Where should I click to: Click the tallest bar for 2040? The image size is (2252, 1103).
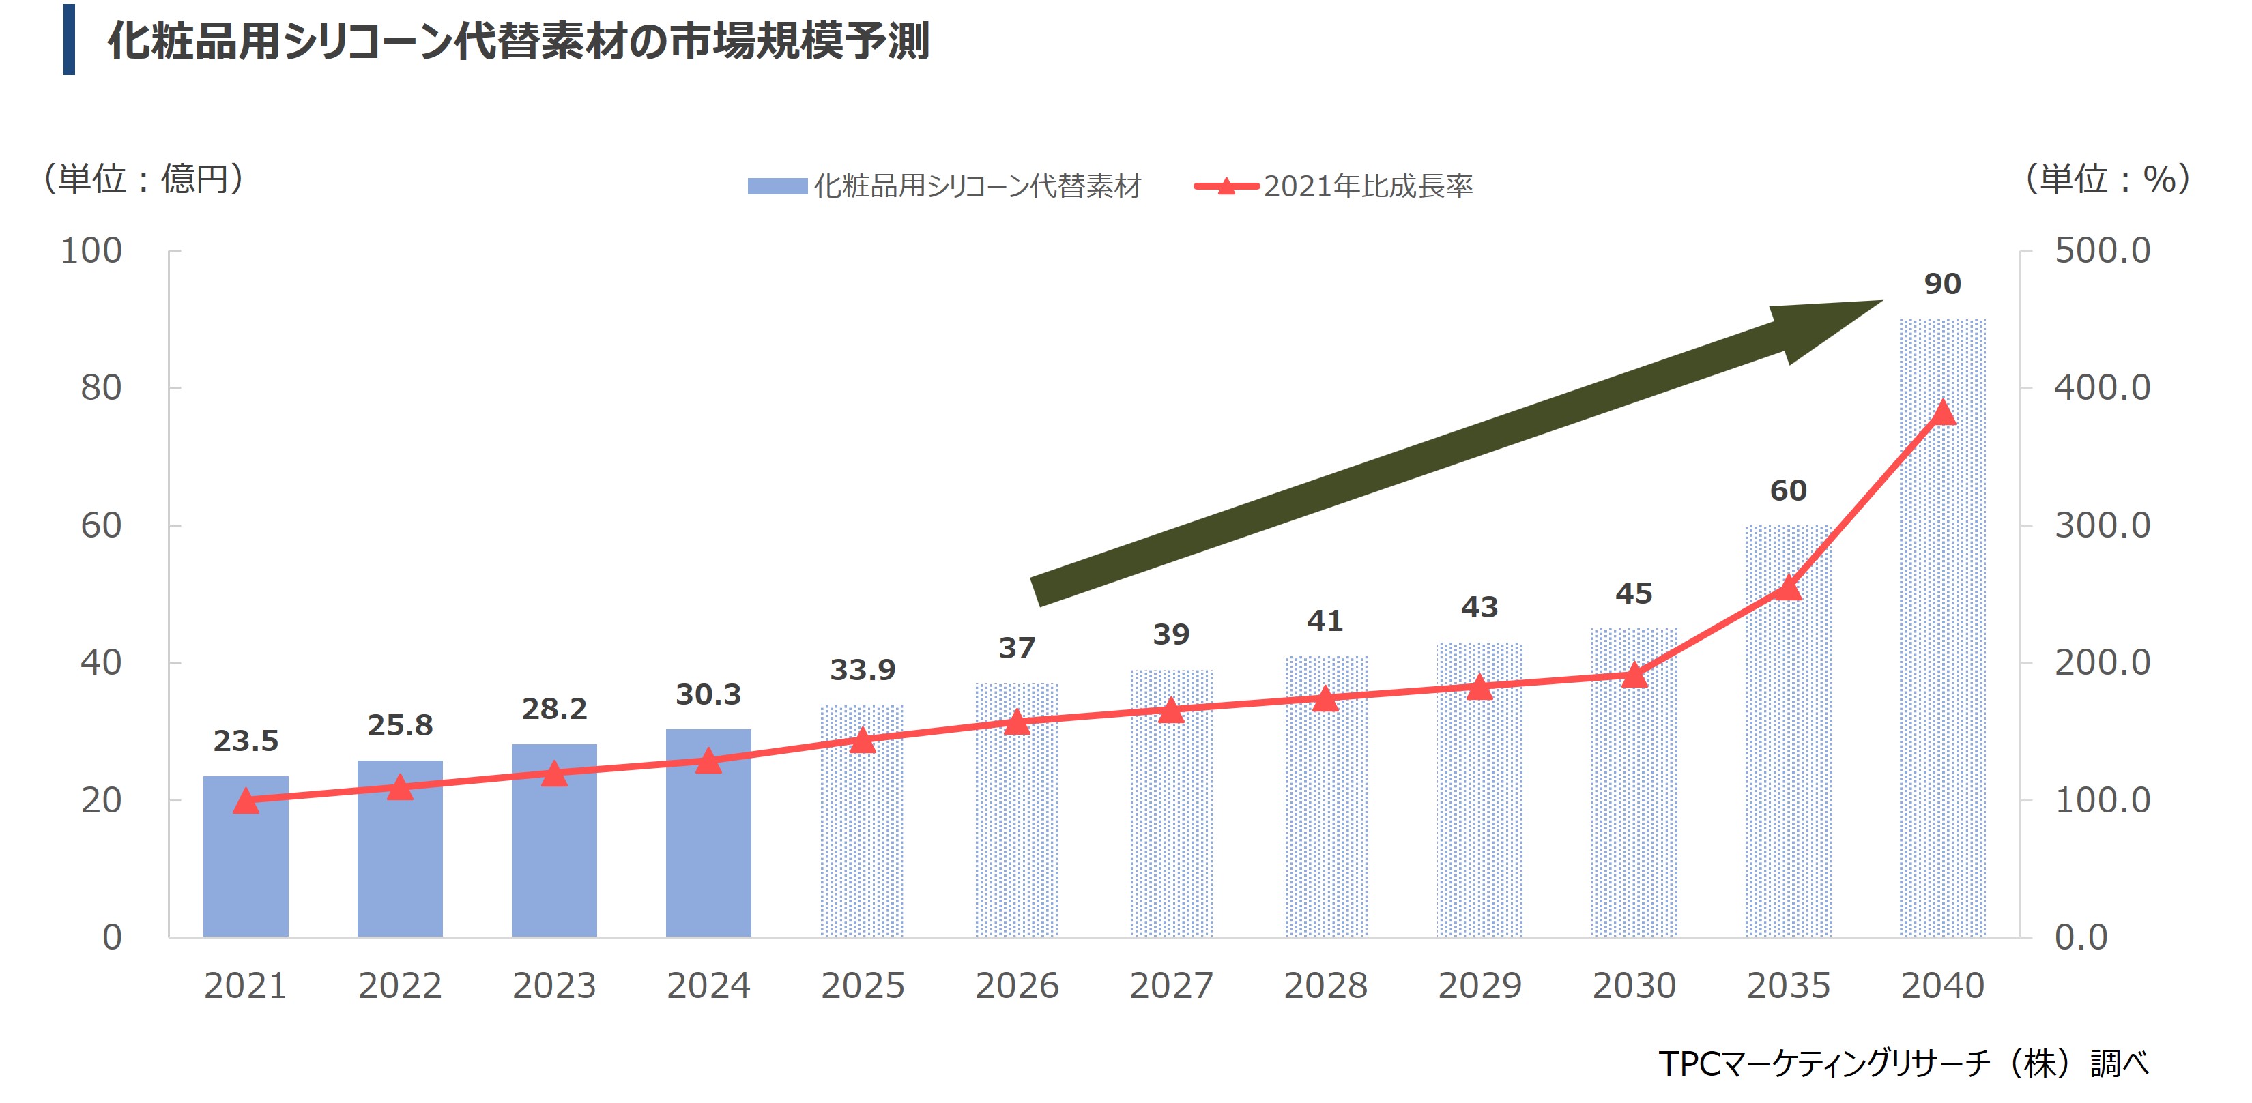coord(1943,630)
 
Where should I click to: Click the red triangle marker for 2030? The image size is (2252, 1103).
coord(1634,675)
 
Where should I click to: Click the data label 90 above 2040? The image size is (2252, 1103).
coord(1943,284)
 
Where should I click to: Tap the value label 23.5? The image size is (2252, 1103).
coord(246,741)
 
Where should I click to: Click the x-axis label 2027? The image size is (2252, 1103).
coord(1172,986)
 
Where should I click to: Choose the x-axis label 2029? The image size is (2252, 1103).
coord(1480,986)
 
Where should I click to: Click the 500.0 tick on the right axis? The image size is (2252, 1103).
coord(2102,251)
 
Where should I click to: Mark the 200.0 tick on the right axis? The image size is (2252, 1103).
coord(2102,662)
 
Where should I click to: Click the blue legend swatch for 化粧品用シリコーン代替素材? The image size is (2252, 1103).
coord(777,186)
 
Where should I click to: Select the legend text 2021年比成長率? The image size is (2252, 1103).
coord(1368,186)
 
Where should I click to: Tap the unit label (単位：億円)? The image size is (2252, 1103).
coord(143,179)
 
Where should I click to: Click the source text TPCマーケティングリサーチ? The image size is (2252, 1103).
coord(1823,1063)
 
